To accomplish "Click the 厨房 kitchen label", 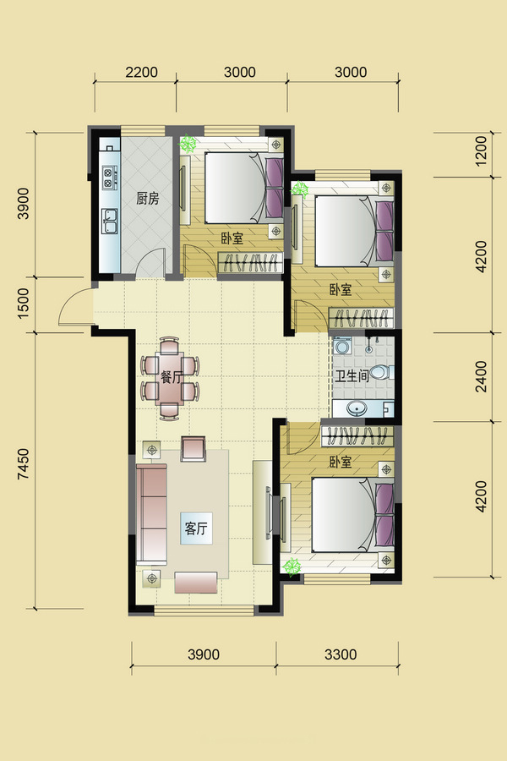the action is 148,199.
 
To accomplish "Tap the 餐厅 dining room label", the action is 171,377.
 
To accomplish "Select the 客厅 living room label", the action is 196,528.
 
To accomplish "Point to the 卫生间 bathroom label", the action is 352,376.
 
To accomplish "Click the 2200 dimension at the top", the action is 141,73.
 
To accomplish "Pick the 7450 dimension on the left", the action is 24,464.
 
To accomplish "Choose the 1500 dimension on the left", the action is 24,304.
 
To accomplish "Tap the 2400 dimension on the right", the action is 481,376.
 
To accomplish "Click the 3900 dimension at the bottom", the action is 204,654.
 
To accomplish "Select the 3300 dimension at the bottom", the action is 341,654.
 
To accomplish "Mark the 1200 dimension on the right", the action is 481,151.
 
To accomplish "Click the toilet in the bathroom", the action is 381,373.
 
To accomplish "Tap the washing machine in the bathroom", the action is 342,346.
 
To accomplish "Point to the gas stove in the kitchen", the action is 109,178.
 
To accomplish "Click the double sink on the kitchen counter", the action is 109,222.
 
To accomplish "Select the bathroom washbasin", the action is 358,408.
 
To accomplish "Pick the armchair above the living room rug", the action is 194,448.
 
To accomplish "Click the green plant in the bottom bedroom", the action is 292,566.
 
